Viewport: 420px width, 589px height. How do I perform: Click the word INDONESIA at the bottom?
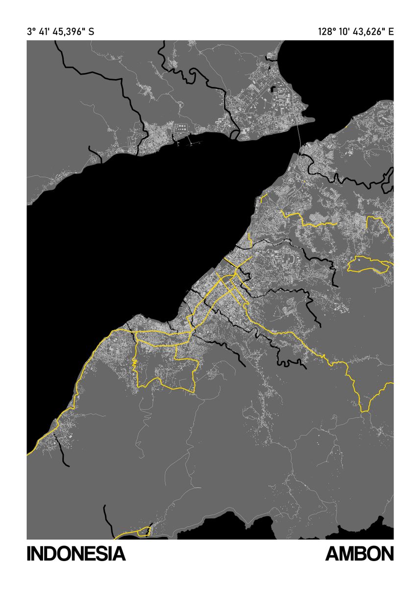(x=76, y=554)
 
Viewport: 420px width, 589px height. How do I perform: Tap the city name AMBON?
(x=359, y=554)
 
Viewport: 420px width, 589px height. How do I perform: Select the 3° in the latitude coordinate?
(x=32, y=32)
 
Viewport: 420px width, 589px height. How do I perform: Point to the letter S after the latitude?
(x=91, y=32)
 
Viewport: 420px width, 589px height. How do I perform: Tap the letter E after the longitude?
(x=391, y=32)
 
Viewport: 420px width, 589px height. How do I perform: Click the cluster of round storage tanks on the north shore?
(x=181, y=128)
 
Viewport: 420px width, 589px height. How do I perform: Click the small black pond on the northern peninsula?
(x=273, y=89)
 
